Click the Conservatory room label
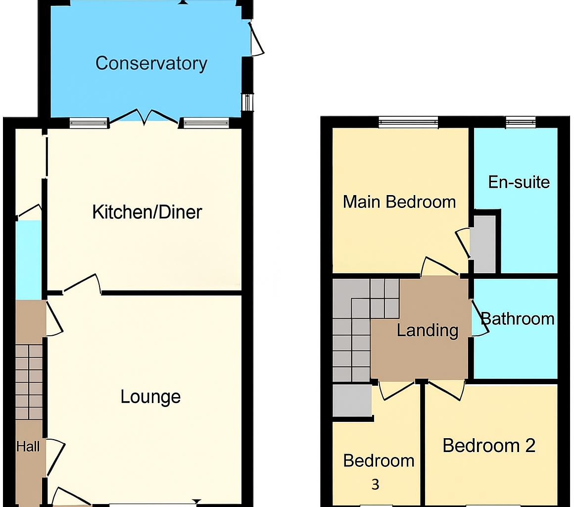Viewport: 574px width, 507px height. (x=151, y=63)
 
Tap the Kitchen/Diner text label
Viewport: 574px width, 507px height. (x=147, y=212)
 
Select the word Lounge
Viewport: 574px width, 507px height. (x=150, y=397)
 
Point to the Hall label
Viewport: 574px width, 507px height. (x=28, y=447)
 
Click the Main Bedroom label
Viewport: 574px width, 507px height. (x=399, y=202)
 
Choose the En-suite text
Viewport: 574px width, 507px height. (x=519, y=182)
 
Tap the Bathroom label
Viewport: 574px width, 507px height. (x=517, y=318)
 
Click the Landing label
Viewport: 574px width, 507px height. (x=428, y=330)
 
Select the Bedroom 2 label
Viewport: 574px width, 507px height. (x=489, y=446)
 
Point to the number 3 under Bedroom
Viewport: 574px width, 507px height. (x=375, y=484)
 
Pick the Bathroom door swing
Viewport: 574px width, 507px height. (x=477, y=318)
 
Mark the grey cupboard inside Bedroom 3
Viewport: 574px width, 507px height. (x=351, y=400)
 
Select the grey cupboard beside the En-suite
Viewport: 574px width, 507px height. (x=483, y=244)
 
